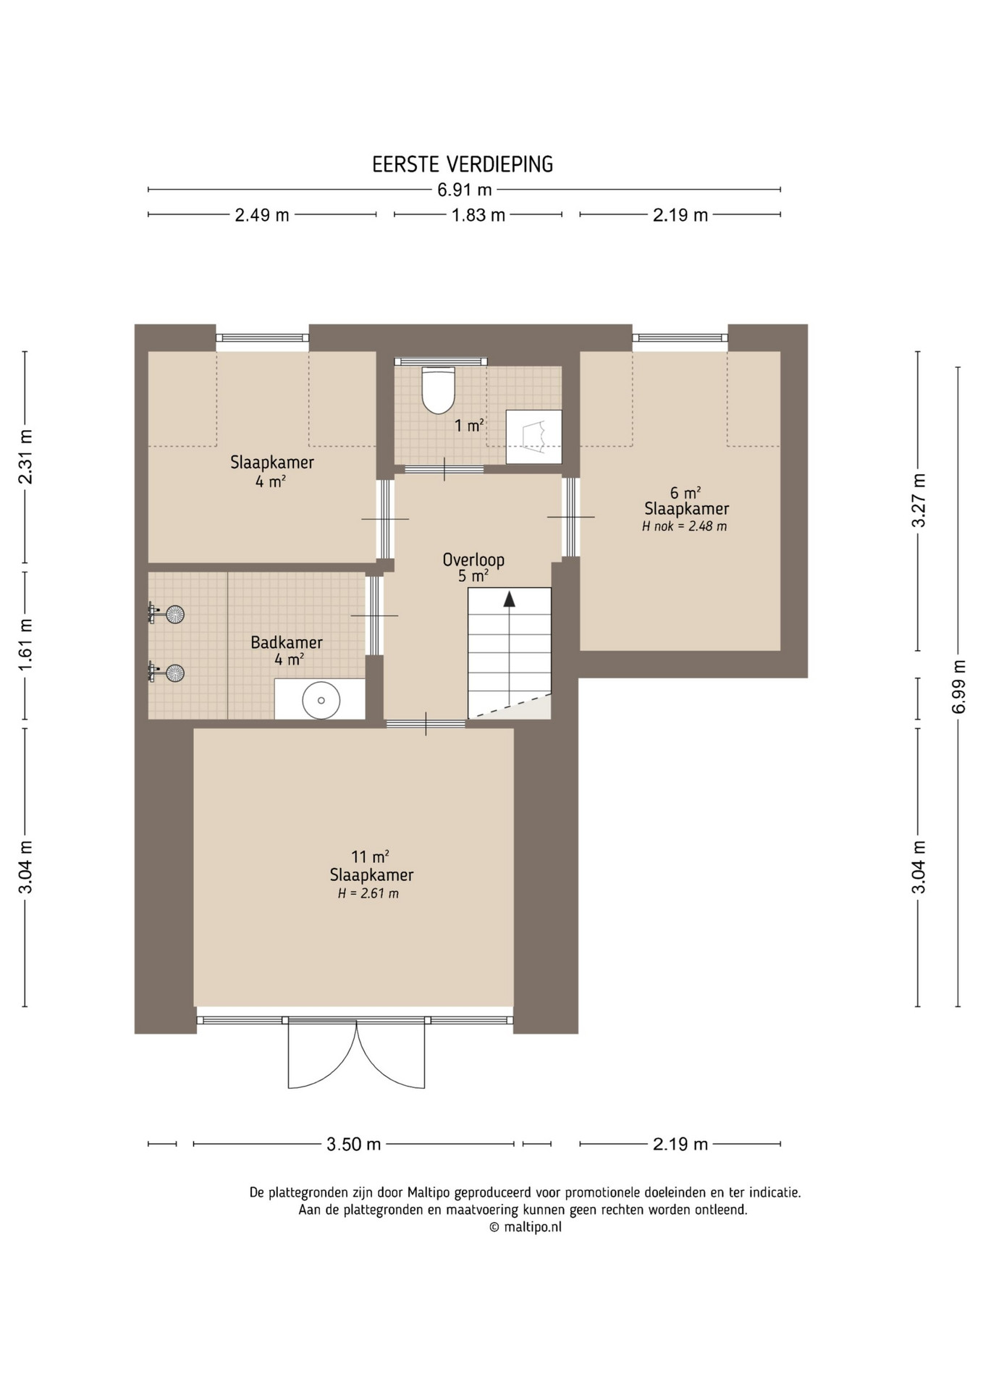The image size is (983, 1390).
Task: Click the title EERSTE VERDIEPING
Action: [x=463, y=164]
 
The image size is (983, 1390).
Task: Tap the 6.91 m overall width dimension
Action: [x=464, y=190]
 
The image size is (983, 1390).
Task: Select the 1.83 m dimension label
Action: [x=478, y=215]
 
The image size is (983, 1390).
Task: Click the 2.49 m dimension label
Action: [x=262, y=215]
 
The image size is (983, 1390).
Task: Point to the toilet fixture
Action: [x=439, y=389]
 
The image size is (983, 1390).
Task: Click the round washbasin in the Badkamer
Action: [x=321, y=700]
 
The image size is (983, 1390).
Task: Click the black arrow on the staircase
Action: [x=510, y=599]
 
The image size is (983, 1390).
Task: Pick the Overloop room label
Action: [x=473, y=560]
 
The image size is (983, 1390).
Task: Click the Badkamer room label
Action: [x=287, y=642]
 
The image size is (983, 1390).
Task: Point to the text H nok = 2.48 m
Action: [x=685, y=526]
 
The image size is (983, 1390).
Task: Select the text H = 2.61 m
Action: [x=368, y=893]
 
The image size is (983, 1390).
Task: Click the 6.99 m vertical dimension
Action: [x=959, y=686]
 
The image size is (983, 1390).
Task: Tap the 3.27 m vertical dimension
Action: [x=919, y=500]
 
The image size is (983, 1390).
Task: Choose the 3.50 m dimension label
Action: [x=353, y=1144]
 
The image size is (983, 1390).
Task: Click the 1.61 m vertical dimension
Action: [x=25, y=644]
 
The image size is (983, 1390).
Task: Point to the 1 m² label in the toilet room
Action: [x=469, y=426]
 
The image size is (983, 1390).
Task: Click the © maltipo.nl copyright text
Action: [x=525, y=1227]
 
